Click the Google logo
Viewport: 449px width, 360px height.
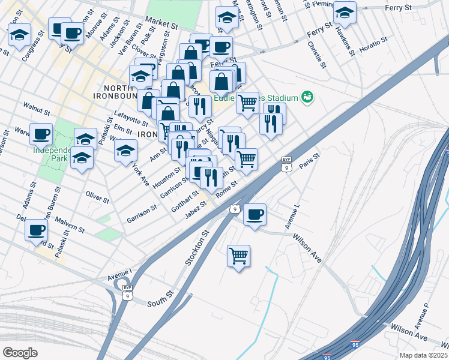[20, 353]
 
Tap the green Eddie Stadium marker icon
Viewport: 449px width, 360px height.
[308, 97]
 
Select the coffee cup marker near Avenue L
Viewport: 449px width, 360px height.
[255, 214]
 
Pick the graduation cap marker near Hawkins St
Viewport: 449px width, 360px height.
[345, 12]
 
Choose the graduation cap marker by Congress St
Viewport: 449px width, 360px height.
[20, 34]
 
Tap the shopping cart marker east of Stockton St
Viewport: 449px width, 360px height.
[239, 256]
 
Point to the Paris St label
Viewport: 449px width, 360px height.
[311, 161]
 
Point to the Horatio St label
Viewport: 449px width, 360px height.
[370, 44]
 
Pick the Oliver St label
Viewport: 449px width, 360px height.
[97, 196]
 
